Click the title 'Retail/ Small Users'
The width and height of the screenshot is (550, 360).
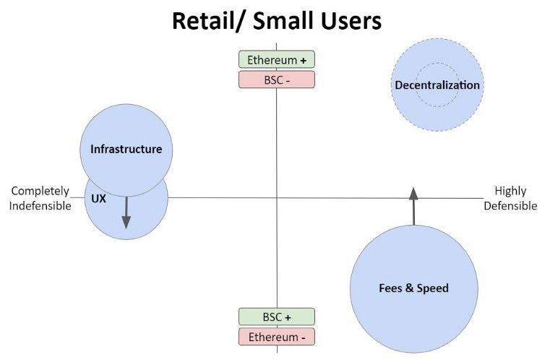[x=276, y=21]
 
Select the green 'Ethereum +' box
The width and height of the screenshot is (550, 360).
[x=277, y=60]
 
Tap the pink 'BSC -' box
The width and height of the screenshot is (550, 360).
[x=277, y=80]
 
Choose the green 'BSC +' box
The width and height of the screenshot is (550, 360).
[x=277, y=317]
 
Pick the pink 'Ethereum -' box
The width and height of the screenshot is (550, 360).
[x=277, y=336]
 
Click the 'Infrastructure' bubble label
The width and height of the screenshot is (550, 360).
[x=126, y=150]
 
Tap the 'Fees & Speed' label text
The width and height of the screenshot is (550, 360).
[x=413, y=288]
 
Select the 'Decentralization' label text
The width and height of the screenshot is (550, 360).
[x=437, y=85]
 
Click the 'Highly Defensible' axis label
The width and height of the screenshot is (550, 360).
[x=510, y=198]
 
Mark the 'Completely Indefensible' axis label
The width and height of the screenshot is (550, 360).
[x=40, y=198]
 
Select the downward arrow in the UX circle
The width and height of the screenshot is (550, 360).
[x=126, y=213]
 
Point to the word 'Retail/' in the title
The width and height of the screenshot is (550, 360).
[x=207, y=21]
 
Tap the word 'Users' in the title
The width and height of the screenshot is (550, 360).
[x=349, y=21]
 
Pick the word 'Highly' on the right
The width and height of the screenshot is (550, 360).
[x=510, y=191]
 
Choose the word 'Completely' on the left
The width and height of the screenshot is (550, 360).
[x=40, y=191]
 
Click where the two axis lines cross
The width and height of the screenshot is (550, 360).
[x=277, y=197]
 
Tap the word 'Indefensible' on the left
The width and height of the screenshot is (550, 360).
[x=40, y=206]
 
